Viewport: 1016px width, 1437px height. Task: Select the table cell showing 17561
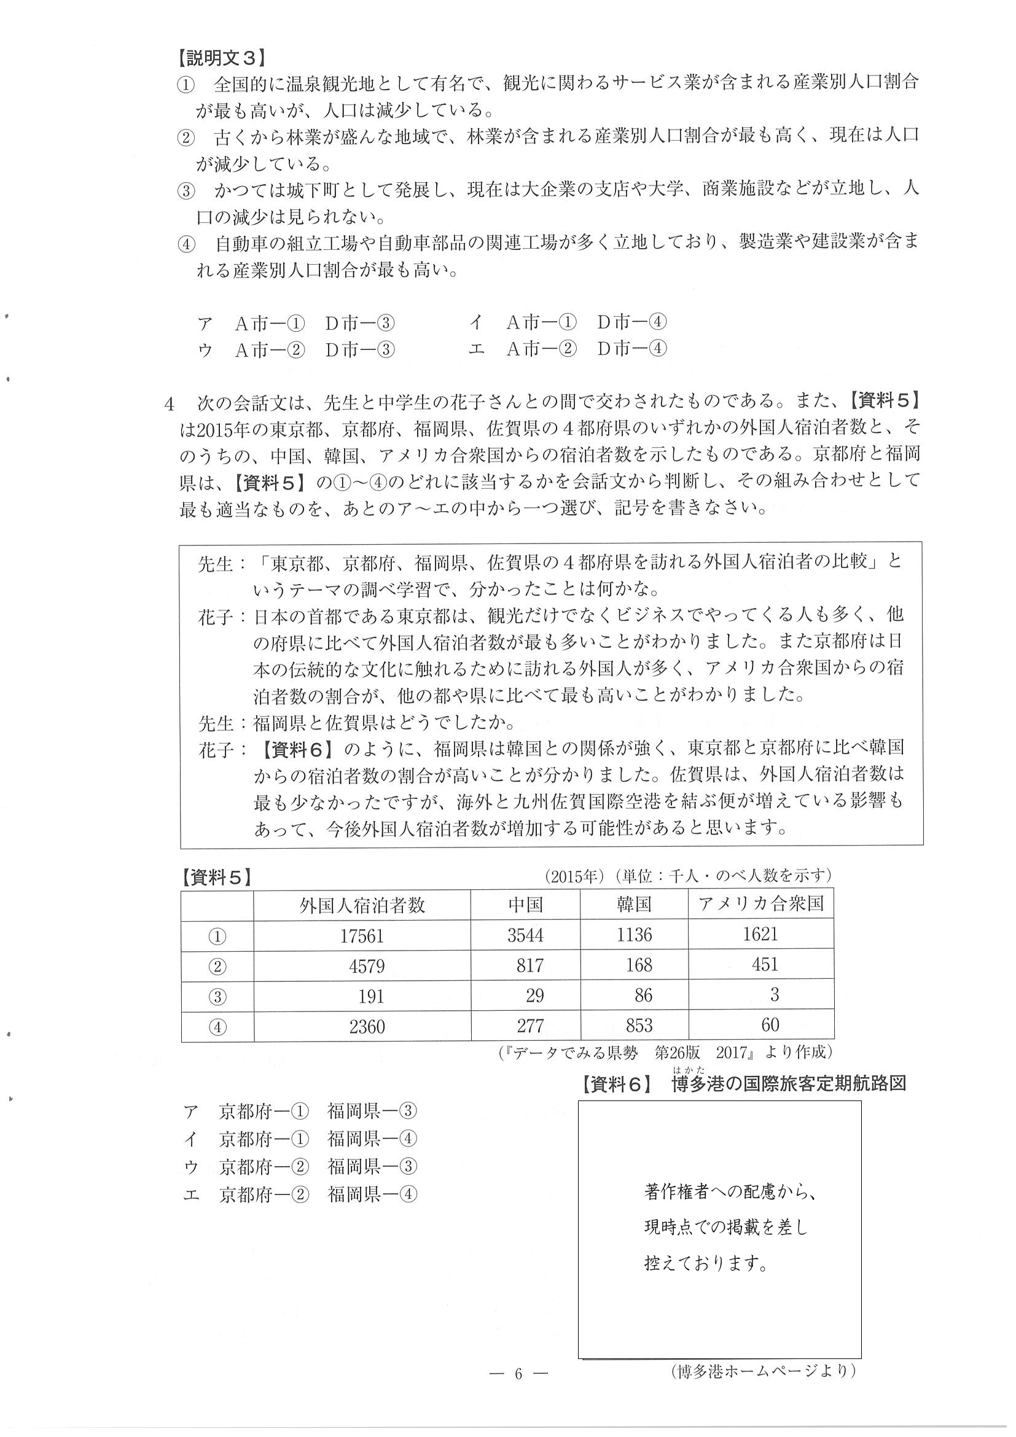(x=362, y=936)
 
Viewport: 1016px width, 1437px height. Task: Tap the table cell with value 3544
(x=525, y=936)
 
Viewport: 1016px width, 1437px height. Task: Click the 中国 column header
(x=525, y=905)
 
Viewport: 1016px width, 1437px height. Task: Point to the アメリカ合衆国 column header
(x=760, y=904)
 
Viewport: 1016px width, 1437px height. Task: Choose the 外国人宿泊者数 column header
(x=362, y=905)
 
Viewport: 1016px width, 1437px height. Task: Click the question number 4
(x=169, y=404)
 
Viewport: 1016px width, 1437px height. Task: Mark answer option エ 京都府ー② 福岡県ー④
(x=300, y=1194)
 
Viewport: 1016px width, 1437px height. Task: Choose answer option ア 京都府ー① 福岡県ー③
(x=300, y=1111)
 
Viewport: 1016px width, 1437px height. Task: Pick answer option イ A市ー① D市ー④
(x=568, y=322)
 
